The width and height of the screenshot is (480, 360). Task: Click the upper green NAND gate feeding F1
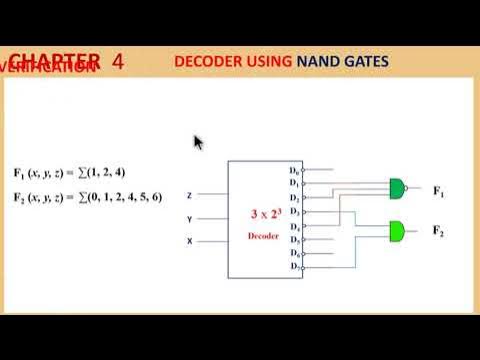(x=398, y=189)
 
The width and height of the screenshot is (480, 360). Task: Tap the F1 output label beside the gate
(x=438, y=190)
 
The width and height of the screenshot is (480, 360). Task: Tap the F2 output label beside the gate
(x=438, y=231)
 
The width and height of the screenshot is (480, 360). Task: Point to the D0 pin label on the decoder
(x=295, y=170)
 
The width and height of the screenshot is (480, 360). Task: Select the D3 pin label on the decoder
(x=295, y=212)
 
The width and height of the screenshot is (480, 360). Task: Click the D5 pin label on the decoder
(x=295, y=240)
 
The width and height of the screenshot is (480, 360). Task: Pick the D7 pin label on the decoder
(x=295, y=267)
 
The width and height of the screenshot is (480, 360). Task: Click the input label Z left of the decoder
(x=189, y=195)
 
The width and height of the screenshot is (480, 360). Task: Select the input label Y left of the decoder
(x=189, y=218)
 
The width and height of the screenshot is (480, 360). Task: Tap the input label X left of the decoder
(x=189, y=241)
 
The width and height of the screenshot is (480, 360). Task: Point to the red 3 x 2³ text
(x=267, y=214)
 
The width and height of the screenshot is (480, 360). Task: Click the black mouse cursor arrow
(x=198, y=142)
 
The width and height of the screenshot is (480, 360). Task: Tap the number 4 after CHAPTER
(x=118, y=62)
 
